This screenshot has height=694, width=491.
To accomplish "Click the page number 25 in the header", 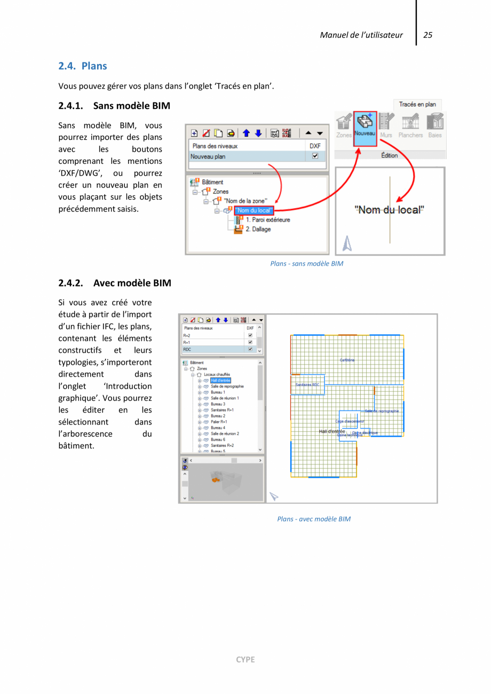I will tap(427, 35).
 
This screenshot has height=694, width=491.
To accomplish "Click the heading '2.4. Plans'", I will tap(83, 66).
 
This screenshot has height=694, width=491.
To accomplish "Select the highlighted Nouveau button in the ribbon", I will tap(365, 129).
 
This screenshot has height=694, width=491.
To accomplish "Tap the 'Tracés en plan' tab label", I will tap(417, 105).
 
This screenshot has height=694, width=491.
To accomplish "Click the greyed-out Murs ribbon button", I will tap(385, 129).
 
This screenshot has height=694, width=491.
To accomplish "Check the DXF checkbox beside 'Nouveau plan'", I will tap(315, 156).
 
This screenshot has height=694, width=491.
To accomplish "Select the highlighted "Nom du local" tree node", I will tap(254, 210).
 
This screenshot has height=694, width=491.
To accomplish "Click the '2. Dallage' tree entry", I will tap(258, 229).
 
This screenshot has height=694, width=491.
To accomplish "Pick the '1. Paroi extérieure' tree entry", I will tap(267, 219).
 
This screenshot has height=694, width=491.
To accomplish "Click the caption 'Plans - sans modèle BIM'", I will tap(306, 263).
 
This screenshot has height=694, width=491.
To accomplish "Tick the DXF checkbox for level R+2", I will tap(250, 335).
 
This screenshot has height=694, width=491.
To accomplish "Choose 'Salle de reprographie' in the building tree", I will tap(227, 386).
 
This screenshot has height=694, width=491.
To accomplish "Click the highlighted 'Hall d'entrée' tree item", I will tap(220, 380).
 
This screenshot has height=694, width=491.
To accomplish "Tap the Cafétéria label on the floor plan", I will tap(347, 360).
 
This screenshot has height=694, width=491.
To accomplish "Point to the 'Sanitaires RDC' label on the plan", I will tap(307, 384).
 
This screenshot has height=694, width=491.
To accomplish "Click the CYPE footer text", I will tap(245, 659).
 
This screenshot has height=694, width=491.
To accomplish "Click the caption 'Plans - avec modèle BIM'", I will tap(314, 519).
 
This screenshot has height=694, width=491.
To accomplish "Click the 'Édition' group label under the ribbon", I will tap(389, 155).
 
